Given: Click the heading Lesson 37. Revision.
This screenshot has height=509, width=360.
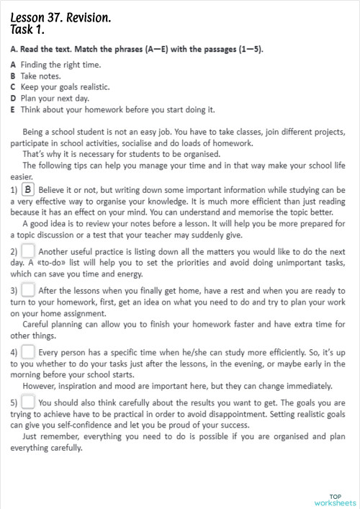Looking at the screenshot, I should click(60, 17).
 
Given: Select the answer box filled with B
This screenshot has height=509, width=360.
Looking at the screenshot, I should click(28, 189).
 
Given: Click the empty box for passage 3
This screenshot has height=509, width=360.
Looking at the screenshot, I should click(28, 291).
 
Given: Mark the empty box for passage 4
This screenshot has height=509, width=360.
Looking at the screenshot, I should click(28, 353).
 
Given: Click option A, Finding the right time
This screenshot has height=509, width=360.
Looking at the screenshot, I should click(60, 64).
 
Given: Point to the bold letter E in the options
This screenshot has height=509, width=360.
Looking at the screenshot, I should click(13, 109).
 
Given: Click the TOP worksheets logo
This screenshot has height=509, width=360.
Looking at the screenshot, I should click(335, 499).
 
